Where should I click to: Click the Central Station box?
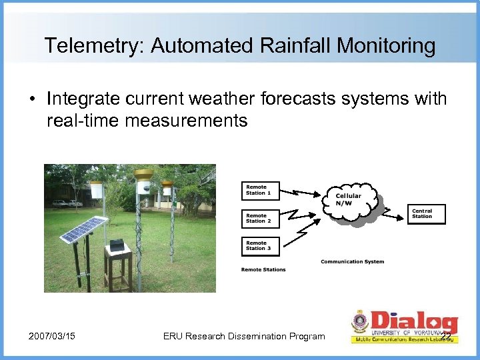[x=426, y=213]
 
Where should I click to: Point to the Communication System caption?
[x=352, y=261]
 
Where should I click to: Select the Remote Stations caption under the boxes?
[x=263, y=269]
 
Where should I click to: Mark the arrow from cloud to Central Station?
[x=393, y=211]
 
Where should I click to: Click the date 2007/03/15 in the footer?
[x=51, y=336]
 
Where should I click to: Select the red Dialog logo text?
[x=413, y=320]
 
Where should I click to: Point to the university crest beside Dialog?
[x=360, y=323]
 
